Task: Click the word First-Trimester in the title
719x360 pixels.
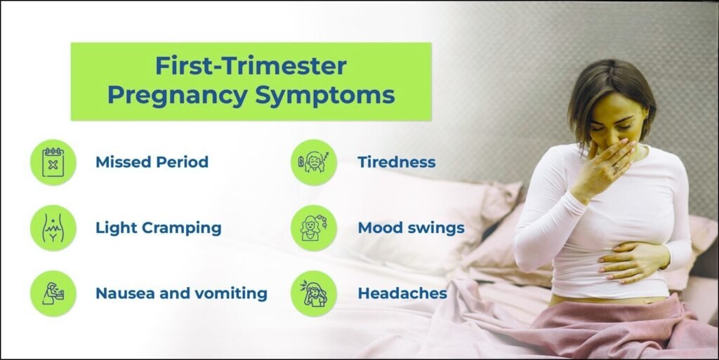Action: tap(251, 67)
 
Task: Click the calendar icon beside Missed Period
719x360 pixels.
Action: tap(53, 162)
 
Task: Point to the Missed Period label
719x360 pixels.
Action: tap(152, 162)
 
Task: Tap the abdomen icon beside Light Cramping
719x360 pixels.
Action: tap(53, 228)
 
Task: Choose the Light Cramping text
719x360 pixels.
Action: tap(158, 228)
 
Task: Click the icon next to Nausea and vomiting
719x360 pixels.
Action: tap(53, 293)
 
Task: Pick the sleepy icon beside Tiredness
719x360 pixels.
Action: tap(314, 162)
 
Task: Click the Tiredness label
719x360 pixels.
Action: tap(396, 162)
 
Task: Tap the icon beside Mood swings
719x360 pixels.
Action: tap(314, 228)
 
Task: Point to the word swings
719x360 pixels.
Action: tap(439, 228)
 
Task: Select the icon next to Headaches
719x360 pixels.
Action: tap(314, 293)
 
